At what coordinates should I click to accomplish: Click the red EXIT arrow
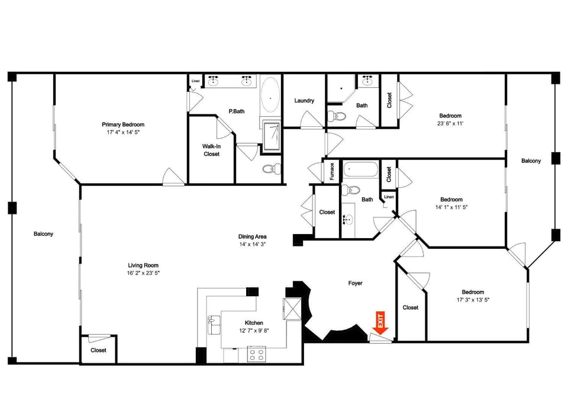point(380,322)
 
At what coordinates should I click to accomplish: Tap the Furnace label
point(332,171)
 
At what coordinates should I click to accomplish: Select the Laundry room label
point(304,101)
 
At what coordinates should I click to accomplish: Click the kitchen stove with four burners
point(256,354)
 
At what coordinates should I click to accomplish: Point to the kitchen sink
point(214,324)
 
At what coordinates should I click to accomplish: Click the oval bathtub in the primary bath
point(270,95)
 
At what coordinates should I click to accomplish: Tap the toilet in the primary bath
point(272,169)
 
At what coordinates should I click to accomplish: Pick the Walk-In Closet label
point(212,150)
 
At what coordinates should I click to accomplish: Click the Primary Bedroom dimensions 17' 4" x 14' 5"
point(123,132)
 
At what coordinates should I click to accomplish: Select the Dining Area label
point(253,236)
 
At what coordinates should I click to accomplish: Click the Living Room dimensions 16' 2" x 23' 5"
point(143,273)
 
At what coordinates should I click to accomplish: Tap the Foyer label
point(356,283)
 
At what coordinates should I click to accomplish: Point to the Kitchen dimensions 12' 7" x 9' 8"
point(254,331)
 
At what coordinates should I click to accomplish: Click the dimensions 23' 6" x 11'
point(450,123)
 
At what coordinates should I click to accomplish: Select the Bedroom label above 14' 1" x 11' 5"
point(451,200)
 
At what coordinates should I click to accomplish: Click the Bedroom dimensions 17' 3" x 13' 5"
point(473,300)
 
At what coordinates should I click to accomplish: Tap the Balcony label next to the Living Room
point(43,234)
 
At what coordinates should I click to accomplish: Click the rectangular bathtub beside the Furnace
point(360,169)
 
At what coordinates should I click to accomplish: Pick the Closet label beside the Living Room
point(99,350)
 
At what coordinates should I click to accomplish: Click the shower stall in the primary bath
point(272,136)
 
